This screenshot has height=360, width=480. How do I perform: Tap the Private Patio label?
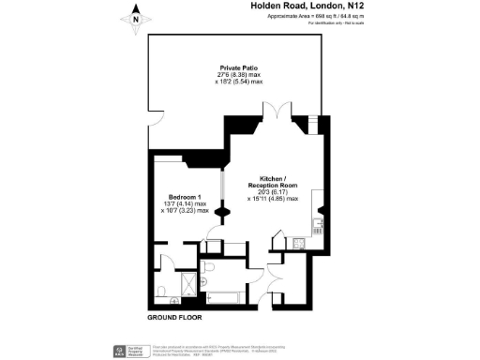(239, 68)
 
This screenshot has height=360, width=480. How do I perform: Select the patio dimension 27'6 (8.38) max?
(239, 75)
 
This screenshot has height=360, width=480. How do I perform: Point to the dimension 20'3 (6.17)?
(272, 191)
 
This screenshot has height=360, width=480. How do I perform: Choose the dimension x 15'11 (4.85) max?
(274, 198)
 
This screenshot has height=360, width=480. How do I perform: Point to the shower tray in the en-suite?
(187, 281)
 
